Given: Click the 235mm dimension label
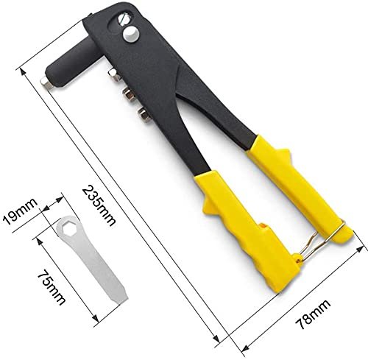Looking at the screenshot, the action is pos(99,205).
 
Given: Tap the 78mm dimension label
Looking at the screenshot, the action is pos(312,315).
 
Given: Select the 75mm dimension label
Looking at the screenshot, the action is pos(52,287).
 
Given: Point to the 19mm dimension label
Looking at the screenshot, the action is pos(20,211).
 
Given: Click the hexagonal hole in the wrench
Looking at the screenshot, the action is pos(68,228).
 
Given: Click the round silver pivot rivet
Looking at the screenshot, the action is pos(131,34).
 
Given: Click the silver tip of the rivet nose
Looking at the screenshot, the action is pos(46,82).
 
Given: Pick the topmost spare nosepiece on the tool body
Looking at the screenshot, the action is pos(114,75).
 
